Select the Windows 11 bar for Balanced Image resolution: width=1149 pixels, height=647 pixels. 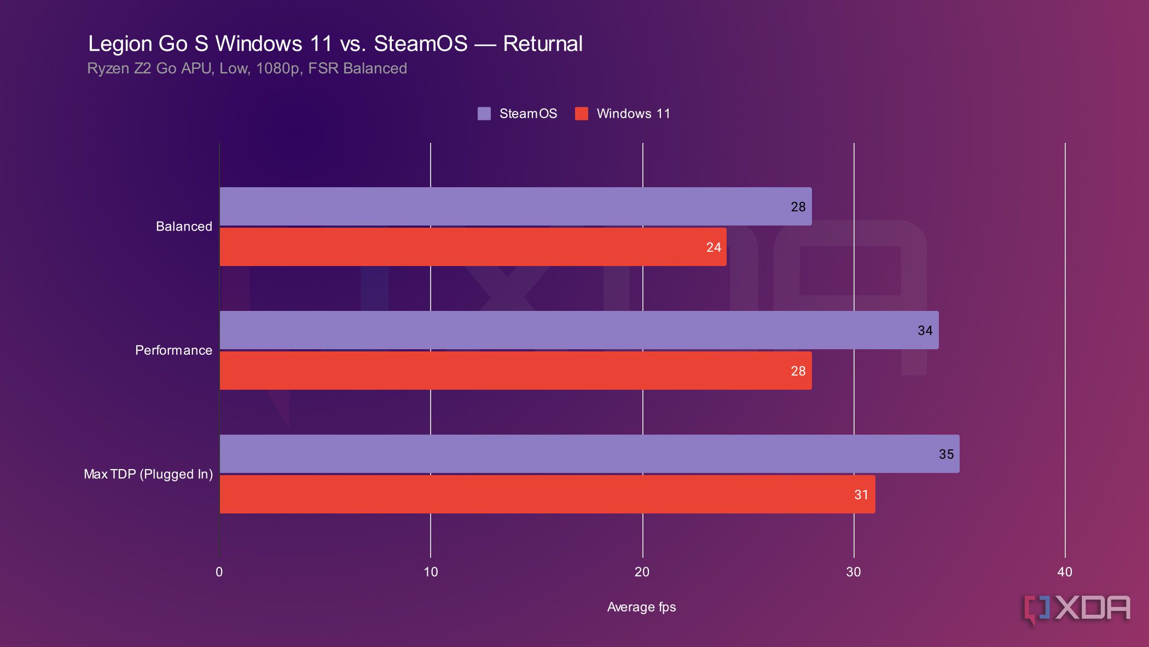click(x=473, y=247)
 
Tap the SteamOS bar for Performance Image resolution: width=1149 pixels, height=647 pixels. click(x=579, y=330)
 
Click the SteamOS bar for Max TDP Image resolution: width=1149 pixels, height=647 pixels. click(x=589, y=454)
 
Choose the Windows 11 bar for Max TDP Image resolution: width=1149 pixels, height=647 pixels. click(x=547, y=494)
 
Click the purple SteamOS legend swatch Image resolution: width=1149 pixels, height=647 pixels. click(x=484, y=114)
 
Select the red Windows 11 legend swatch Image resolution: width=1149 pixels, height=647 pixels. click(x=582, y=114)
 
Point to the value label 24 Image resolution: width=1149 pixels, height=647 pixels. click(x=713, y=247)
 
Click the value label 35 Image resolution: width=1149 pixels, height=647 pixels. click(x=946, y=454)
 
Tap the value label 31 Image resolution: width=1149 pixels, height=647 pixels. click(x=861, y=495)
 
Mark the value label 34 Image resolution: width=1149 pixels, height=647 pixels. click(x=925, y=331)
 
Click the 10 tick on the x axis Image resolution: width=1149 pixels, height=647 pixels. click(x=431, y=572)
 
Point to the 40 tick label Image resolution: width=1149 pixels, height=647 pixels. click(x=1065, y=572)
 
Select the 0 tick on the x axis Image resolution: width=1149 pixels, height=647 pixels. click(x=219, y=572)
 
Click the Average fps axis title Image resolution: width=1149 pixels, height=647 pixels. click(x=641, y=607)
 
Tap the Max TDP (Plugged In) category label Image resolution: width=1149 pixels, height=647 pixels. click(x=148, y=474)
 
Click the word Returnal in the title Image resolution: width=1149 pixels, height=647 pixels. click(x=542, y=44)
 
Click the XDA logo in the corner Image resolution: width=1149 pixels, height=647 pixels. click(x=1077, y=609)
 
